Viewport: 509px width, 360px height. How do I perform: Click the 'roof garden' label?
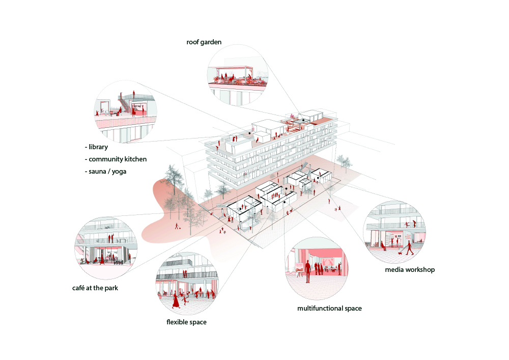(x=204, y=42)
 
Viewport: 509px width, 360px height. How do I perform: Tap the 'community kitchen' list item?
(x=118, y=159)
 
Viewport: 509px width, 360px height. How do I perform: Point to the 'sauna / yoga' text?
(x=107, y=172)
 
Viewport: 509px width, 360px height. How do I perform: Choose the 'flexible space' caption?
(x=186, y=322)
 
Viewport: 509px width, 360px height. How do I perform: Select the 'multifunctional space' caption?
(x=329, y=309)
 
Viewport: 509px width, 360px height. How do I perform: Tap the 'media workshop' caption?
(x=410, y=269)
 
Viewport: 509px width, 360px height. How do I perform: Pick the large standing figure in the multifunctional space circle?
(x=307, y=272)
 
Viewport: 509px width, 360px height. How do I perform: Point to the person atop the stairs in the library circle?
(x=133, y=94)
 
